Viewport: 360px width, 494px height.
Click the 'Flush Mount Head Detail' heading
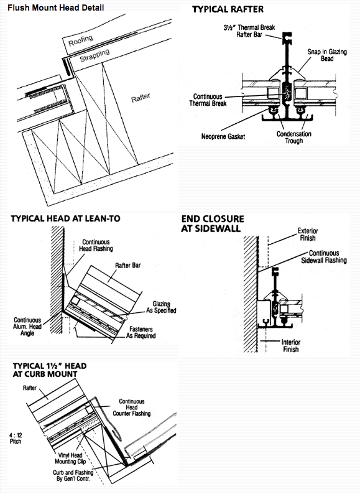(56, 7)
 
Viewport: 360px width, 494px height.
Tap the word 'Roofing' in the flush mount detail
(81, 40)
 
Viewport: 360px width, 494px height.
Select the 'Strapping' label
(95, 55)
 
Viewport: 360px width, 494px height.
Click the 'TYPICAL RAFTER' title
(228, 9)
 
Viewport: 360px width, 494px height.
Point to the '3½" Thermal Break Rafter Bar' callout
(249, 31)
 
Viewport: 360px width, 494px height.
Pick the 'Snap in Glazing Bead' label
(327, 55)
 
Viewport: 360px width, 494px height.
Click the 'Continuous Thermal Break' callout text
(208, 100)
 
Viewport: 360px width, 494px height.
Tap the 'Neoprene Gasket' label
(223, 136)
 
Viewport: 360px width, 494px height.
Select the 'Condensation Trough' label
(294, 137)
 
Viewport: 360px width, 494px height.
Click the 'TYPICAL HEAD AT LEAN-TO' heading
(65, 218)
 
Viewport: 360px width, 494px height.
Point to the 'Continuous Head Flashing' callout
(96, 245)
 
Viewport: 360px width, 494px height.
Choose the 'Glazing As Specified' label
(161, 307)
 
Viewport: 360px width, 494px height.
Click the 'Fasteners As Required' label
(141, 332)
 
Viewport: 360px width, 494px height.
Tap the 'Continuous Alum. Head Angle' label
(27, 327)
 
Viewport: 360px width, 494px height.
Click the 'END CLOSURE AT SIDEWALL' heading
(213, 223)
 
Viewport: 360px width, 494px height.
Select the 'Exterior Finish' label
(308, 235)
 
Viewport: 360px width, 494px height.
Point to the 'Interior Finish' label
(291, 345)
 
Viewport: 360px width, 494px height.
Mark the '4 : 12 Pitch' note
(16, 438)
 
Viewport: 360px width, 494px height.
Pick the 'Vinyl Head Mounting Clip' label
(70, 459)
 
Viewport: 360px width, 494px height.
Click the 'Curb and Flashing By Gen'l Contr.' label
(73, 476)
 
